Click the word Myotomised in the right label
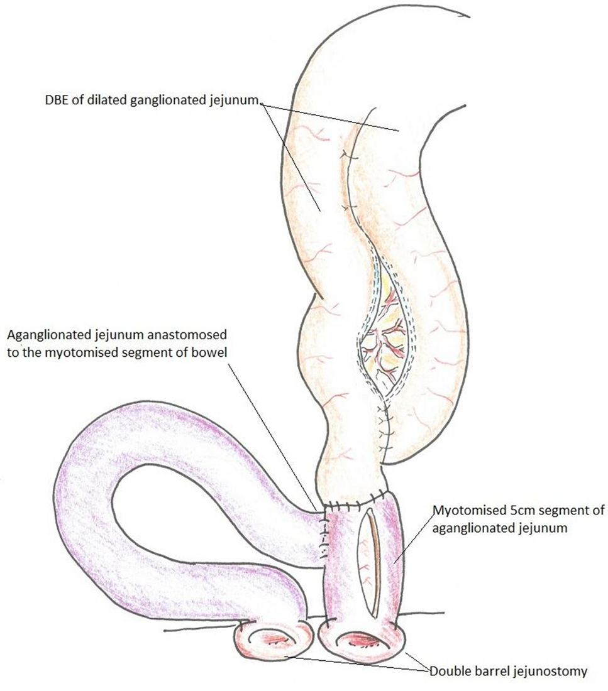(x=460, y=512)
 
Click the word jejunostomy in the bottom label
(x=552, y=671)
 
